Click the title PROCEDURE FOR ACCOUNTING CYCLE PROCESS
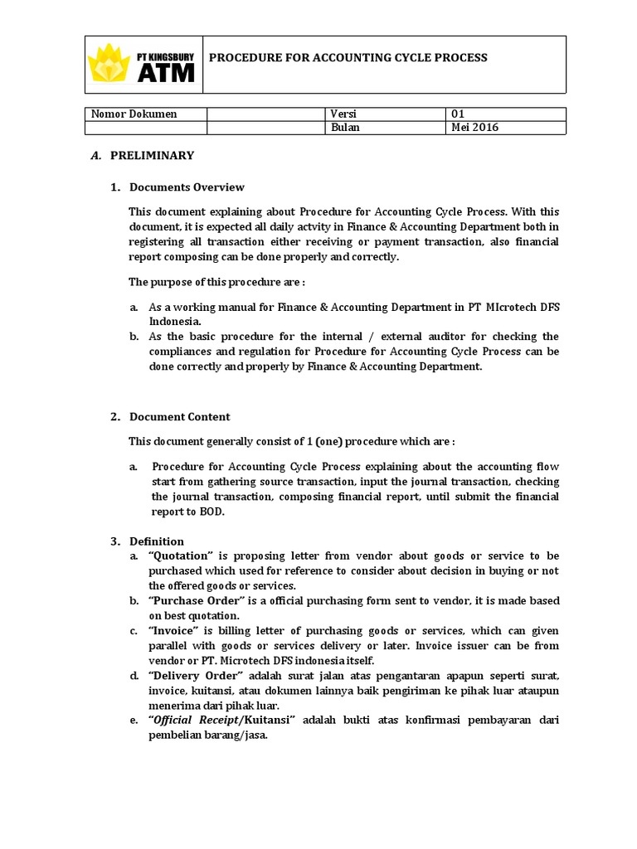(347, 58)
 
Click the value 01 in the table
(459, 114)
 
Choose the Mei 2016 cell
(475, 128)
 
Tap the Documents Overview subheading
(187, 187)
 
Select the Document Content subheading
(180, 416)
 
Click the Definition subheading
(157, 541)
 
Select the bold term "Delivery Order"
(195, 676)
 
